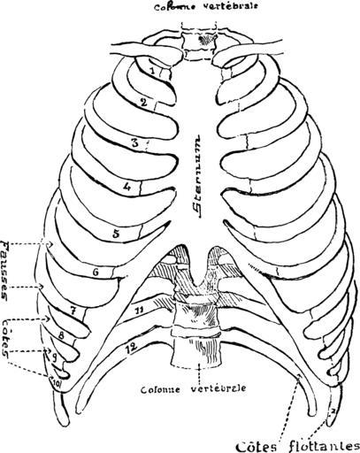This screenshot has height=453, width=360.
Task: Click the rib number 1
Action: pyautogui.click(x=152, y=71)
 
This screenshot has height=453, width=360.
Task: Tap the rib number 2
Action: pyautogui.click(x=143, y=103)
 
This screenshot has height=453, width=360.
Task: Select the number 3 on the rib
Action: pyautogui.click(x=134, y=143)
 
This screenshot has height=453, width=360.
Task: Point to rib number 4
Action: pyautogui.click(x=126, y=187)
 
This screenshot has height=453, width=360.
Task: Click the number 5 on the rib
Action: pyautogui.click(x=116, y=234)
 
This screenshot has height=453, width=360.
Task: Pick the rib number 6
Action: pyautogui.click(x=96, y=273)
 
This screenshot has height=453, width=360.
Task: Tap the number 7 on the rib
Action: pyautogui.click(x=73, y=310)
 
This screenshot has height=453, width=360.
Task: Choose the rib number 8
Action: pyautogui.click(x=61, y=335)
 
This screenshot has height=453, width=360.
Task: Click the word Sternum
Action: pyautogui.click(x=195, y=176)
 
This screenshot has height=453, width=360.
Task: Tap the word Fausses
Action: pyautogui.click(x=6, y=270)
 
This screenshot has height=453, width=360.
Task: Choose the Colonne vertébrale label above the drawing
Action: pyautogui.click(x=206, y=6)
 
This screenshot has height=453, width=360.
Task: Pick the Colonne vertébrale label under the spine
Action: pyautogui.click(x=194, y=388)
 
